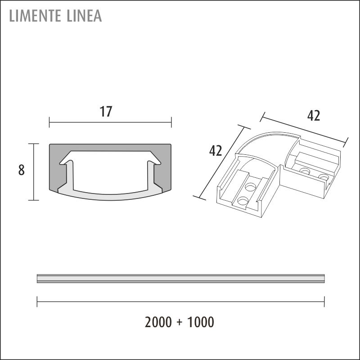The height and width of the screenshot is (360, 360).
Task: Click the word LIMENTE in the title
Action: pos(35,16)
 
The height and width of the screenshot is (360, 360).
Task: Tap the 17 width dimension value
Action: pos(106,112)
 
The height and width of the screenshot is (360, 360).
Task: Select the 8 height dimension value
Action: pos(21,171)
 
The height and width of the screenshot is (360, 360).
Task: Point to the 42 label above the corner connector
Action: pos(314,116)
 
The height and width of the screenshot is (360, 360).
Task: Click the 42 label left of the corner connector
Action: pos(216,151)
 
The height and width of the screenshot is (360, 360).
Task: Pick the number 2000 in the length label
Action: pos(158,322)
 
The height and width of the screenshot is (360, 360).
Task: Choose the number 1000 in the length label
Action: pos(201,322)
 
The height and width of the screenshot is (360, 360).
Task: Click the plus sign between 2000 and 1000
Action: pos(180,322)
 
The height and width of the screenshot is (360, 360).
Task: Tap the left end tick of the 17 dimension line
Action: pos(49,122)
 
